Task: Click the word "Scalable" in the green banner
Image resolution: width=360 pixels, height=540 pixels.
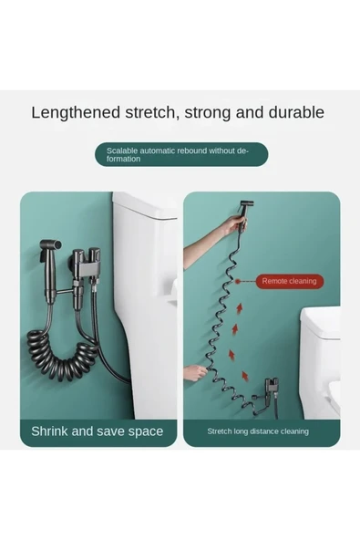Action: click(x=123, y=151)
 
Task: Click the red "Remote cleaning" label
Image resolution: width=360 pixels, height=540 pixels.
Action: click(x=289, y=281)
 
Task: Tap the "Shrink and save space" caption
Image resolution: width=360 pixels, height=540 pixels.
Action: click(x=97, y=431)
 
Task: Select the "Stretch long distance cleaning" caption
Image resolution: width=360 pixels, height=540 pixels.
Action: click(x=257, y=431)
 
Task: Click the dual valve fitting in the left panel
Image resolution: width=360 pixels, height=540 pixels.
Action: click(x=87, y=265)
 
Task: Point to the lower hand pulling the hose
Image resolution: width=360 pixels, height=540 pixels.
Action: click(x=194, y=373)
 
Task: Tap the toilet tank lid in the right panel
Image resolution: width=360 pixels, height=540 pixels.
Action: click(x=321, y=319)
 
